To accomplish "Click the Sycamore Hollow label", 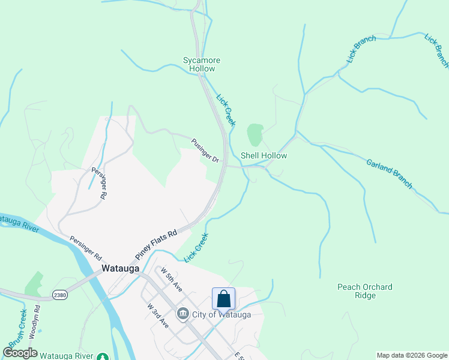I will (x=202, y=64).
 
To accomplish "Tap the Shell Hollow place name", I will (x=264, y=155).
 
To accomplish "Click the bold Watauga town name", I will (x=121, y=269).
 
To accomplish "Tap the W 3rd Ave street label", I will (x=158, y=315).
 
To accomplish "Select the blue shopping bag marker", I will (x=223, y=298).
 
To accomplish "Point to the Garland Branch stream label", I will (x=389, y=173).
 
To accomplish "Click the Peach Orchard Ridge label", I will (x=364, y=291).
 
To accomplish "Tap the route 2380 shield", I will (x=59, y=295).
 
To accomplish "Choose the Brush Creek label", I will (x=16, y=326).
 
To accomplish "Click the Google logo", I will (x=20, y=353).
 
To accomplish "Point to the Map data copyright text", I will (x=412, y=355).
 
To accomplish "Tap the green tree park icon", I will (x=103, y=356).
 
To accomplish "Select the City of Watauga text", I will (x=221, y=314).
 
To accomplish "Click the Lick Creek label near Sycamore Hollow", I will (x=226, y=110).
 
